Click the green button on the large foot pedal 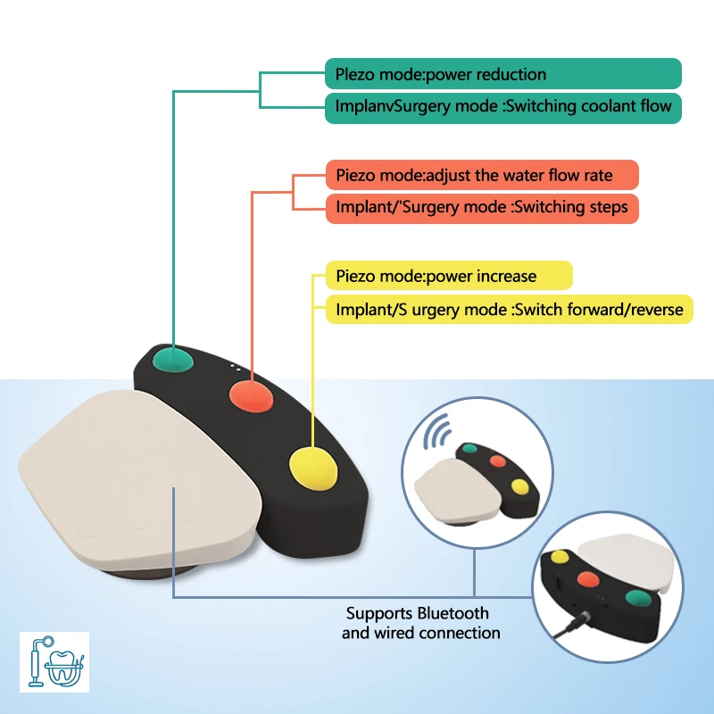point(172,360)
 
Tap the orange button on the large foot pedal point(251,395)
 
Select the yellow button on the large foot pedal point(314,469)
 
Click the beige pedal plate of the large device point(137,478)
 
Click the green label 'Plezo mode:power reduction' point(503,74)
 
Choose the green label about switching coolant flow point(503,108)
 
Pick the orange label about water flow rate point(482,175)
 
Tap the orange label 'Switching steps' point(482,209)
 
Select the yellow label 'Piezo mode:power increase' point(449,276)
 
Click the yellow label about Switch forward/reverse point(510,310)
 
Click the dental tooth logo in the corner point(54,661)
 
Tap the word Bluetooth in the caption point(452,613)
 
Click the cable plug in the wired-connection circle point(581,620)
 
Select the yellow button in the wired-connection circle point(560,556)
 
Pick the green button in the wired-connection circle point(638,597)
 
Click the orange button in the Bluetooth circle point(498,461)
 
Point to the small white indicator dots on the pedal point(236,368)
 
